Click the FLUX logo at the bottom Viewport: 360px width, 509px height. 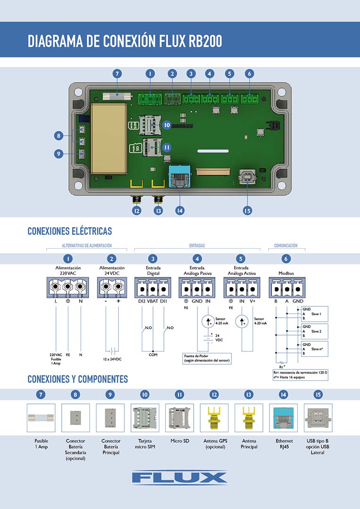click(180, 477)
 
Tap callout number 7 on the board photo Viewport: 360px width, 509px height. click(117, 74)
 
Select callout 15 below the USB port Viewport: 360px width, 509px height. click(248, 211)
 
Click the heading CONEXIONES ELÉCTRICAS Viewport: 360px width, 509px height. click(70, 231)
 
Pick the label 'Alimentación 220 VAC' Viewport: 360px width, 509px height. click(68, 271)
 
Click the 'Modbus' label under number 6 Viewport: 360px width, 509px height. click(286, 273)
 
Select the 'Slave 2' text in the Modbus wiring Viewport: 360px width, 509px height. click(317, 331)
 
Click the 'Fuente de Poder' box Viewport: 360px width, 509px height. click(207, 358)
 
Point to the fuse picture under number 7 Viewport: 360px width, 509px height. click(41, 418)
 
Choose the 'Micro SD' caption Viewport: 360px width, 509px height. click(179, 441)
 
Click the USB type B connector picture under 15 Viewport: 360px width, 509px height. click(318, 418)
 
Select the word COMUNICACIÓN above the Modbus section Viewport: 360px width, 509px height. click(286, 246)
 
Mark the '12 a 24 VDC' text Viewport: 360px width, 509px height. click(112, 359)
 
